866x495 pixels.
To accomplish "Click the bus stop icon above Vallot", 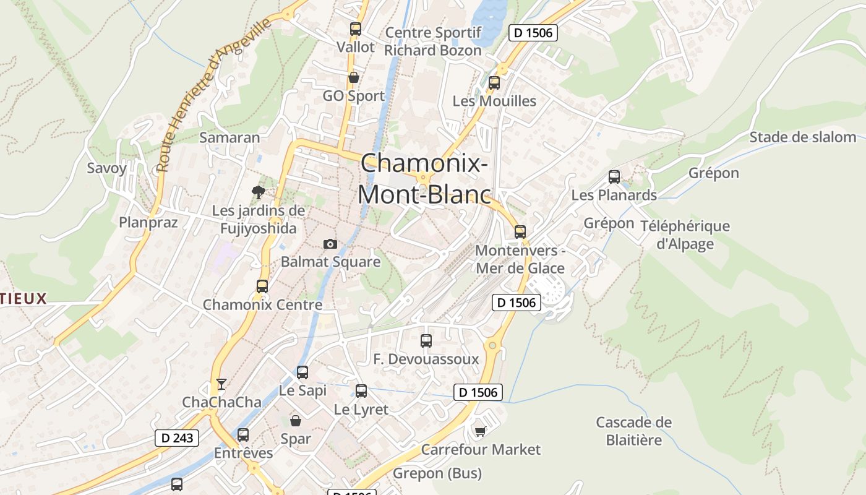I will [355, 28].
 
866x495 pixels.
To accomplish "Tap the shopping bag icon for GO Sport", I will [354, 78].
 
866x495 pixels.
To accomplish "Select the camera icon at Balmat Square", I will [330, 244].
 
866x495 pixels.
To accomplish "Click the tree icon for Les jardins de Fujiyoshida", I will [258, 192].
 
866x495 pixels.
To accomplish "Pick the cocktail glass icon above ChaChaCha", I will [221, 384].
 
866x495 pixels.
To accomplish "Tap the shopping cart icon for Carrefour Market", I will [480, 431].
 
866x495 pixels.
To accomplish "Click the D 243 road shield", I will [177, 438].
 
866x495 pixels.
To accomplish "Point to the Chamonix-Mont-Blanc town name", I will [424, 179].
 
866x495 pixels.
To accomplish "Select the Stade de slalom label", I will [802, 137].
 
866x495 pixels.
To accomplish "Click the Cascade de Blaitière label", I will [633, 431].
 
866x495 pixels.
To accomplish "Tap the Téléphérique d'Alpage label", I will [685, 235].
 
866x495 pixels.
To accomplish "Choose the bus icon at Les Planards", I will [614, 177].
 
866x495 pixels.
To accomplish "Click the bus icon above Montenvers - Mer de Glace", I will [520, 232].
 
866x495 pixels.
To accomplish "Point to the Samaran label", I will [229, 137].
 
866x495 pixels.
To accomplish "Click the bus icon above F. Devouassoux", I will [426, 340].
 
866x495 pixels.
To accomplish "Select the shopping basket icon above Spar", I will [296, 421].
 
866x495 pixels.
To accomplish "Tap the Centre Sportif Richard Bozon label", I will [433, 41].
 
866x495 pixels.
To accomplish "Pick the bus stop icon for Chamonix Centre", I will [262, 286].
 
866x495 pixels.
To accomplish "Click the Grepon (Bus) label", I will [437, 474].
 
